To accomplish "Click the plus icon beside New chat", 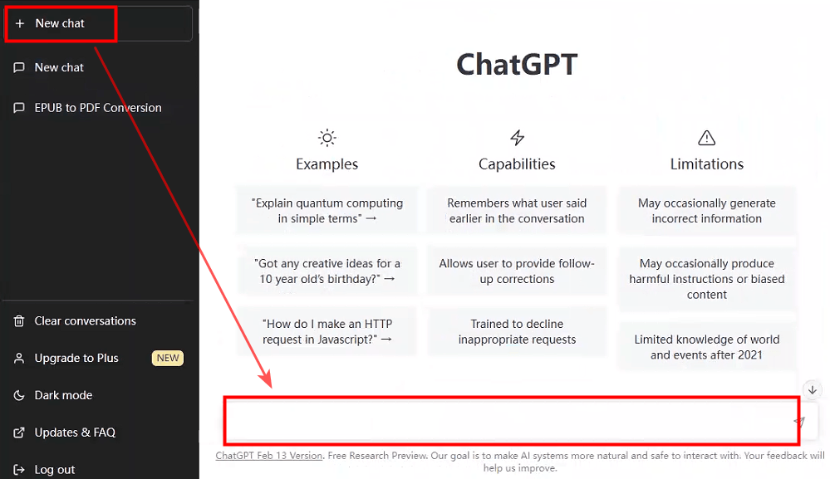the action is tap(20, 23).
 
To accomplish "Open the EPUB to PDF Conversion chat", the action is tap(98, 108).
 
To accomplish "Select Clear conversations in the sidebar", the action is tap(86, 321).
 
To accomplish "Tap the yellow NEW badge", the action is tap(168, 358).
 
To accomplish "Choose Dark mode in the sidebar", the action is tap(63, 395).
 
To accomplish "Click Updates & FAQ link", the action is tap(75, 433).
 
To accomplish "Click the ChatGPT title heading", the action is tap(517, 65).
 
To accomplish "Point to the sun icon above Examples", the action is tap(327, 138).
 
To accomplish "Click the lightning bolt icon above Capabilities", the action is tap(517, 138).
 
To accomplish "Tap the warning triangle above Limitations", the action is tap(707, 138).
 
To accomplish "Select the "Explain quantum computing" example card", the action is tap(327, 210).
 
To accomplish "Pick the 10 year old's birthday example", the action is tap(327, 271).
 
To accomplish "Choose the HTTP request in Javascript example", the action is tap(327, 331).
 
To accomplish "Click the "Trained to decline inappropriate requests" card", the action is tap(517, 331).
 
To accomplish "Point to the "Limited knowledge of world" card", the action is tap(707, 347).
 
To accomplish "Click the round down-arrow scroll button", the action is tap(813, 390).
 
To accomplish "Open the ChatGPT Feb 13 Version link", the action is tap(269, 456).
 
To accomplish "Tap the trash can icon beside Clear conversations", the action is tap(19, 321).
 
